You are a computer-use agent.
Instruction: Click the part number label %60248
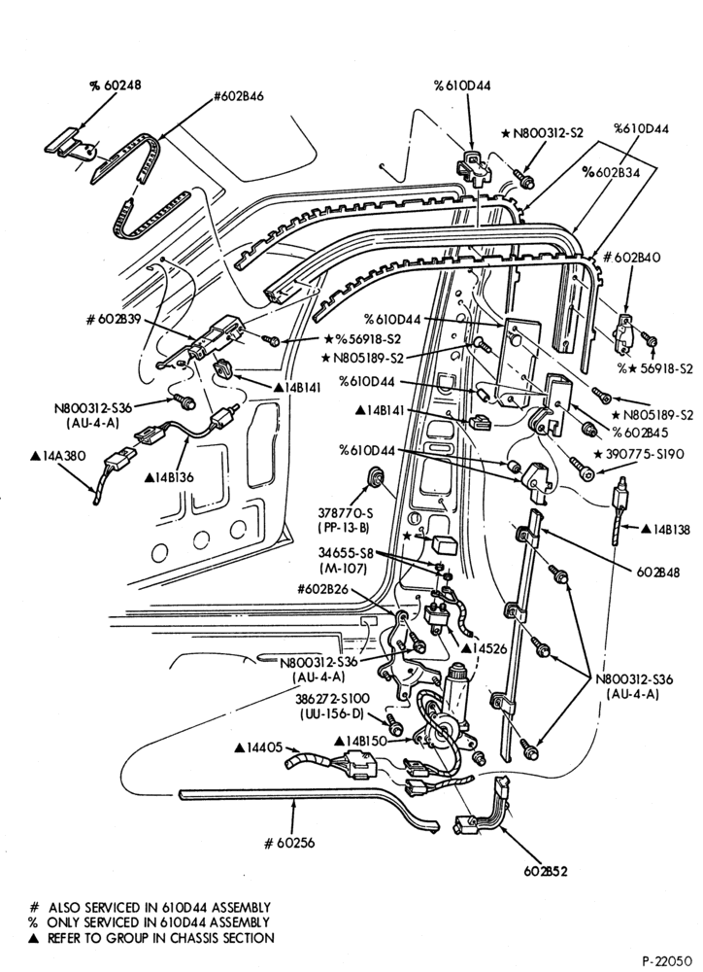tap(115, 85)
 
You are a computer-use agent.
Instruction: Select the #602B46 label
tap(239, 96)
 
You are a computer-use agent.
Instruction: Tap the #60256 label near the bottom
tap(289, 843)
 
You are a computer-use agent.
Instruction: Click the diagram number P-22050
tap(666, 961)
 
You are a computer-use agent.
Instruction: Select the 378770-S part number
tap(343, 514)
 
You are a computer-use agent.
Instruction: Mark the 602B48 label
tap(657, 572)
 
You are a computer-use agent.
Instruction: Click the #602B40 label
tap(632, 258)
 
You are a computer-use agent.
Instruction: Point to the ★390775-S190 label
tap(639, 454)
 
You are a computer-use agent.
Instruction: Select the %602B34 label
tap(619, 172)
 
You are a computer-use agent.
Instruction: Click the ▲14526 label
tap(484, 648)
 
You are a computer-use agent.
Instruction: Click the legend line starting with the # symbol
tap(150, 908)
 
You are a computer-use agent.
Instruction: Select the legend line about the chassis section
tap(151, 938)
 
